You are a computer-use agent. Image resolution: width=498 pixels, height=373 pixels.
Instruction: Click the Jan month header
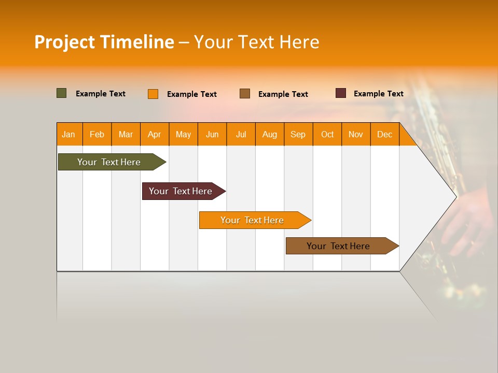click(x=68, y=135)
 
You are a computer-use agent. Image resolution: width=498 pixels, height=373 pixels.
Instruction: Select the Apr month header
click(x=155, y=135)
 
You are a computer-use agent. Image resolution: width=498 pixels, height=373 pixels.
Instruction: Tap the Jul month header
click(x=241, y=135)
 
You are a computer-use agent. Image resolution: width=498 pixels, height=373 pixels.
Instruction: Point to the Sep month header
click(x=298, y=135)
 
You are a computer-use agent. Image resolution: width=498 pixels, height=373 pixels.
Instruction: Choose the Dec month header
click(x=384, y=135)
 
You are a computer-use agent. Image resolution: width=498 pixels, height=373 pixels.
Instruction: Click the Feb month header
click(x=97, y=135)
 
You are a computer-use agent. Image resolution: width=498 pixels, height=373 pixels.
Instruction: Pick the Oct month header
click(x=327, y=135)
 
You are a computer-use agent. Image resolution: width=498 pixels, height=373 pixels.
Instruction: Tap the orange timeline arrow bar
click(x=253, y=220)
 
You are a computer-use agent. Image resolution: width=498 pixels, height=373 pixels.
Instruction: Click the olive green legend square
click(x=61, y=93)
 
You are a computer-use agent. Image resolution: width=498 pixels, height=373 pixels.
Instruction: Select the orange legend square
click(x=153, y=94)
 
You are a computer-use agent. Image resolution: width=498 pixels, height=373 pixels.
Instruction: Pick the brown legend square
click(x=245, y=94)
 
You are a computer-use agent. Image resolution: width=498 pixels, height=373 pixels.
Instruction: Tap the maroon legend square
click(x=341, y=93)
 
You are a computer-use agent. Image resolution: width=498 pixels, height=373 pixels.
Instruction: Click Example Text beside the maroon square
click(x=378, y=94)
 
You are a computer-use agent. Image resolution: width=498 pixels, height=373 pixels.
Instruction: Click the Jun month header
click(x=212, y=135)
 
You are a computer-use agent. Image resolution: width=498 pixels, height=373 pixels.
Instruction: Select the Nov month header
click(x=356, y=135)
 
